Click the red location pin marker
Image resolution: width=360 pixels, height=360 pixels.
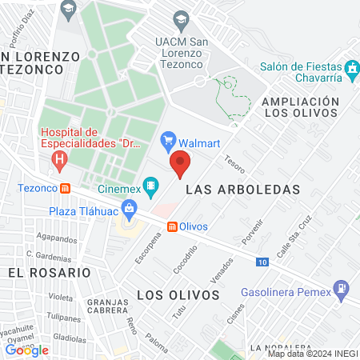[x=180, y=164]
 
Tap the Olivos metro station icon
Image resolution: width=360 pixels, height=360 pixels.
[x=171, y=226]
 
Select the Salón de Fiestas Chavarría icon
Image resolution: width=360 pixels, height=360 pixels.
[x=351, y=71]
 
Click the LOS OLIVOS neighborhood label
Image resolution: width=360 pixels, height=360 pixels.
[x=178, y=295]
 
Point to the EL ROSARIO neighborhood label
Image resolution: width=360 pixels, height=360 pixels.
[x=50, y=272]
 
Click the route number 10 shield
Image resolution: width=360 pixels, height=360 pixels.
[x=262, y=262]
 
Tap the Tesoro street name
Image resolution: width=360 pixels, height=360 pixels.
[x=234, y=163]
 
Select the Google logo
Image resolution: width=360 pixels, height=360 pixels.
[x=27, y=350]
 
